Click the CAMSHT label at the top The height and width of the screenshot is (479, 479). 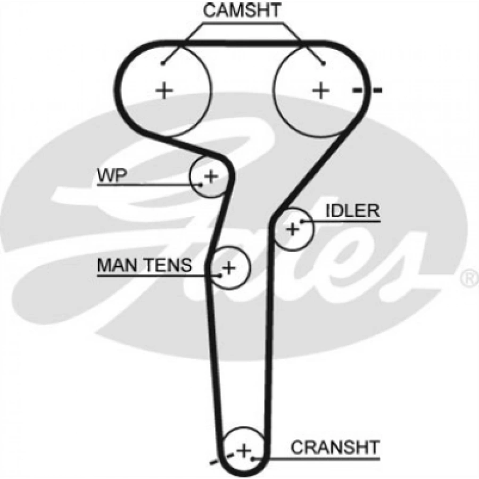click(242, 12)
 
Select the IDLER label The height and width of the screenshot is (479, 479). click(352, 211)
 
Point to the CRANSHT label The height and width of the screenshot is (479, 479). click(335, 447)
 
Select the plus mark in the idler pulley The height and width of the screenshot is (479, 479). click(292, 229)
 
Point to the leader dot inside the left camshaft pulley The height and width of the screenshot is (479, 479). click(164, 63)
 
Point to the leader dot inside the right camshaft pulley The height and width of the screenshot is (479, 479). click(321, 63)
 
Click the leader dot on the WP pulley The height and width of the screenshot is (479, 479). click(201, 185)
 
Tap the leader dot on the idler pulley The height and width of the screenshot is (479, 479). click(302, 220)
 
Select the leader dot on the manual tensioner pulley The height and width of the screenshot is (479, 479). click(220, 275)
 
